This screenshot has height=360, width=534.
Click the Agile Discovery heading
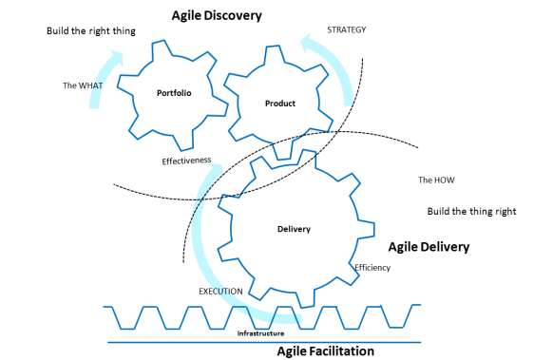pyautogui.click(x=217, y=16)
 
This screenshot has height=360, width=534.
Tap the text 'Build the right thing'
pyautogui.click(x=91, y=30)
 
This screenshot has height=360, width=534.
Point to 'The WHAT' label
pyautogui.click(x=82, y=85)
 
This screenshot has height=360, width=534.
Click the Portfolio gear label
pyautogui.click(x=175, y=93)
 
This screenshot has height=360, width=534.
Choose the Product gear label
pyautogui.click(x=280, y=104)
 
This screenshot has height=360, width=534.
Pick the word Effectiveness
pyautogui.click(x=186, y=161)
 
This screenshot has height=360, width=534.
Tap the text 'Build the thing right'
pyautogui.click(x=471, y=211)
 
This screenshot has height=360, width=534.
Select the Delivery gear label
pyautogui.click(x=295, y=230)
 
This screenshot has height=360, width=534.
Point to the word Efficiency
pyautogui.click(x=372, y=268)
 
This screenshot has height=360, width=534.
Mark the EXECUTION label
pyautogui.click(x=220, y=291)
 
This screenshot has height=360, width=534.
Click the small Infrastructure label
pyautogui.click(x=260, y=333)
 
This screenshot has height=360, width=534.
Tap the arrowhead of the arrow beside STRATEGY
pyautogui.click(x=306, y=40)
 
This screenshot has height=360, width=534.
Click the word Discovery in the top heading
pyautogui.click(x=238, y=16)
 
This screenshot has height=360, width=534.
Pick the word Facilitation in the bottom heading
pyautogui.click(x=349, y=351)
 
